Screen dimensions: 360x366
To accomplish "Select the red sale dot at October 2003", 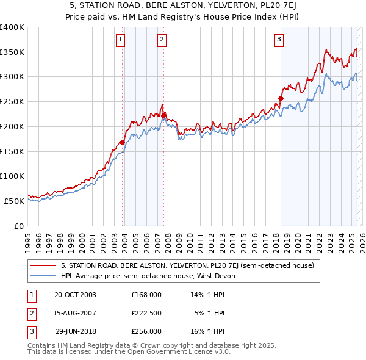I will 123,142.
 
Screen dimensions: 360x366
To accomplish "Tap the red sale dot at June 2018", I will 281,98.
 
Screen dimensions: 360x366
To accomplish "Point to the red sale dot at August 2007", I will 164,115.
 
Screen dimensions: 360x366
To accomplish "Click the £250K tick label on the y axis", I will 12,102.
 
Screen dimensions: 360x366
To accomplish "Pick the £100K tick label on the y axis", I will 12,176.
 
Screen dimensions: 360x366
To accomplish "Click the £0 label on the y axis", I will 20,226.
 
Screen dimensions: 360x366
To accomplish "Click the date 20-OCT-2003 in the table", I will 75,294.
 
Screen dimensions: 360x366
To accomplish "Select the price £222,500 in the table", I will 146,313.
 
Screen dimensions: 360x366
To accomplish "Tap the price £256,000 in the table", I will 146,331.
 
